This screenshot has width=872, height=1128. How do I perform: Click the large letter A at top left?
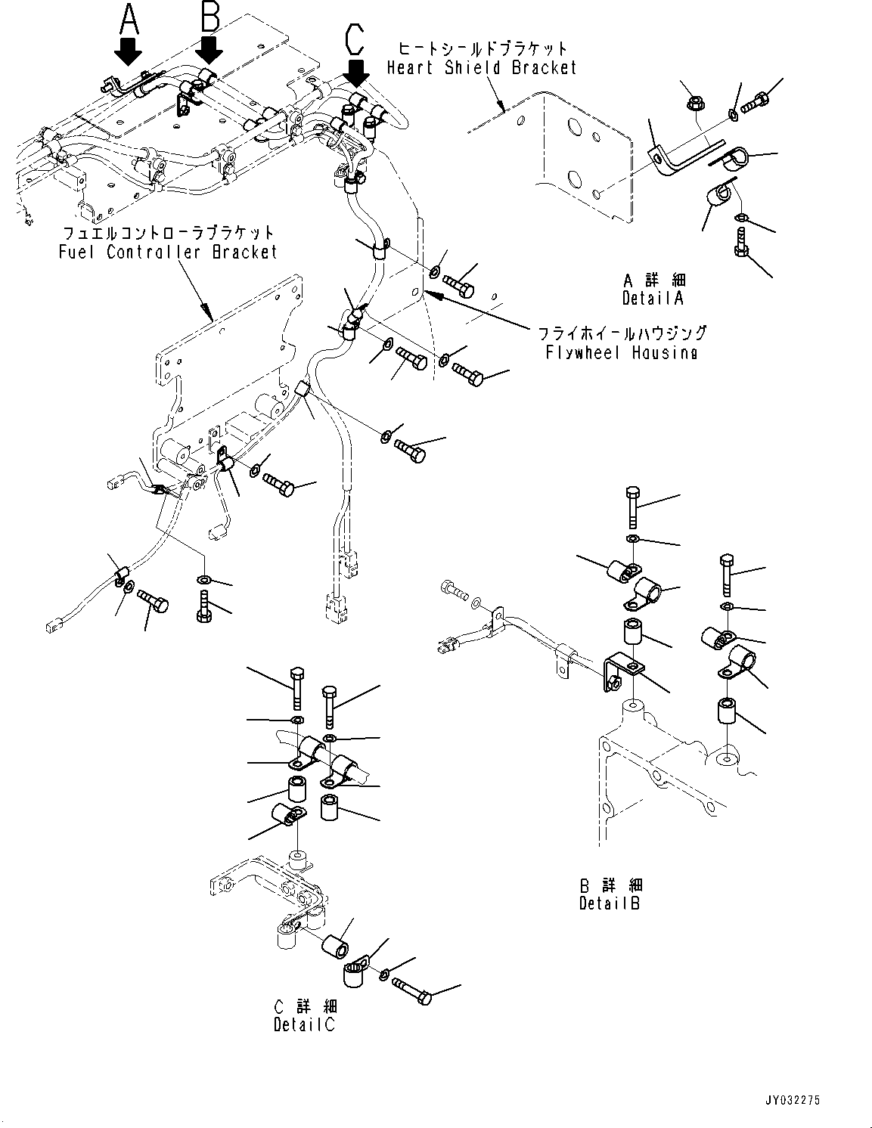tap(130, 19)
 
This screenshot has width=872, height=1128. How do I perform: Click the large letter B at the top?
tap(209, 17)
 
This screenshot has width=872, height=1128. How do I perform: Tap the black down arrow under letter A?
tap(129, 54)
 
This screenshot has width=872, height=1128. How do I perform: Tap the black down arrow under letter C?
tap(356, 73)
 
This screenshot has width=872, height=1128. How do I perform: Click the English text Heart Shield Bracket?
tap(482, 68)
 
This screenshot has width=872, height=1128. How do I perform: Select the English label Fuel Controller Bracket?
tap(169, 252)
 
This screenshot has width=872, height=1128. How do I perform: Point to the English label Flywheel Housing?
tap(622, 352)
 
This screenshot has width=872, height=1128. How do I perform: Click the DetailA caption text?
tap(652, 298)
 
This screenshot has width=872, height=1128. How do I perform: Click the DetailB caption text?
tap(610, 903)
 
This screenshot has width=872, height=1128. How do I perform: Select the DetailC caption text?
tap(304, 1024)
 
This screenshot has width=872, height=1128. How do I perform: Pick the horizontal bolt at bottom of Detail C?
tap(411, 989)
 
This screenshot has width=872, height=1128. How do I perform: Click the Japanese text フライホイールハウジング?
tap(622, 333)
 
